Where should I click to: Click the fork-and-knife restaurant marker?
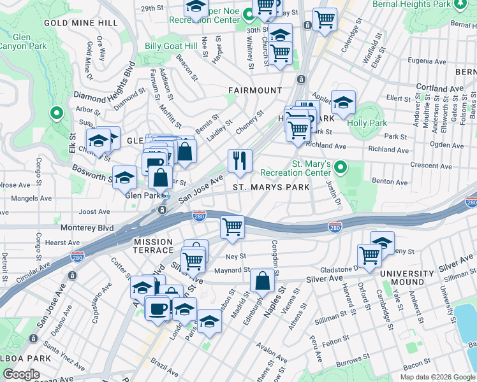tap(240, 161)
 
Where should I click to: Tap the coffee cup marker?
tap(158, 308)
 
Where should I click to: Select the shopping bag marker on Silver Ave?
tap(262, 280)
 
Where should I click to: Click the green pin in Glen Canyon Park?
tap(56, 113)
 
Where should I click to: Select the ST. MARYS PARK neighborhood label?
tap(271, 187)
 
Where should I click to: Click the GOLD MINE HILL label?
tap(81, 23)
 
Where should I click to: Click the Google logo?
tap(22, 374)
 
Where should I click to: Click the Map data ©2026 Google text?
tap(437, 377)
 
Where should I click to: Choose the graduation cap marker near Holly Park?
tap(343, 103)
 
